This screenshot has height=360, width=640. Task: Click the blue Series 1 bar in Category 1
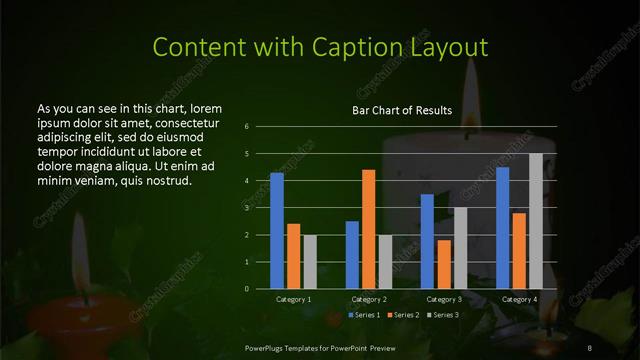click(277, 231)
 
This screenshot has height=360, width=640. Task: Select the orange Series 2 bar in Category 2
click(368, 229)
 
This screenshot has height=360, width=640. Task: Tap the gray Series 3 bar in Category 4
click(535, 221)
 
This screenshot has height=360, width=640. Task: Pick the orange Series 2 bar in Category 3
click(443, 264)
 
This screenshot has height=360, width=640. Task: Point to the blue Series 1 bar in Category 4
click(502, 228)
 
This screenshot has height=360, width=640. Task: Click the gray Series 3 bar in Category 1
click(309, 262)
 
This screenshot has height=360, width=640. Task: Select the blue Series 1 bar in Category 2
click(352, 255)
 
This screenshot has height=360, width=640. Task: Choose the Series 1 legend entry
click(365, 315)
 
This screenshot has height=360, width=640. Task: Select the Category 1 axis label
click(292, 299)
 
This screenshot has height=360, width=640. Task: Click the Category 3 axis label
click(443, 299)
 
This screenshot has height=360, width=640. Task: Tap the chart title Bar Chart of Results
click(403, 110)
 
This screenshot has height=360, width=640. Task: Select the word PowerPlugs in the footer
click(270, 346)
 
